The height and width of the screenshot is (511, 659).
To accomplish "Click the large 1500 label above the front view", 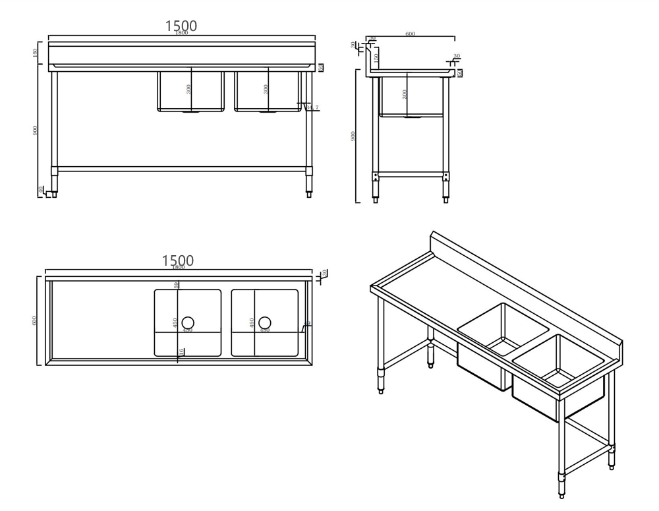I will [181, 26].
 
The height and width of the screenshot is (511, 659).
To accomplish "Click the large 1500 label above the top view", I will [178, 260].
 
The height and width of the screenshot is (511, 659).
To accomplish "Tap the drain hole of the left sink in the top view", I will [188, 322].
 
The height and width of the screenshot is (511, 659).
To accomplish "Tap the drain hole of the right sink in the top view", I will [264, 322].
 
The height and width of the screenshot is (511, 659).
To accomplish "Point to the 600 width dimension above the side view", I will [410, 34].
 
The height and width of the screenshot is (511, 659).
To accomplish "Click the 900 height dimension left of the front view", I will [35, 131].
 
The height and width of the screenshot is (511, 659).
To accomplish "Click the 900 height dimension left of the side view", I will [353, 136].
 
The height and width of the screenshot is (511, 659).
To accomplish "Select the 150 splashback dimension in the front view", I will [35, 53].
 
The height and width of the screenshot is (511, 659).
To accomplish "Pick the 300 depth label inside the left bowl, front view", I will [189, 89].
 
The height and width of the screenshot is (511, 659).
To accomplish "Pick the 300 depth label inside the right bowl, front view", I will [266, 89].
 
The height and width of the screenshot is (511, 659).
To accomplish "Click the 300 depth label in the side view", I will [405, 94].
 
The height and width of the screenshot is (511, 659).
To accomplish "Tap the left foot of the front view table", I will [55, 193].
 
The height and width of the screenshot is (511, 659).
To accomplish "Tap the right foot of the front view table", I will [308, 193].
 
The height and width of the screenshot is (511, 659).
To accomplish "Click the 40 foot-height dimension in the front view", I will [41, 189].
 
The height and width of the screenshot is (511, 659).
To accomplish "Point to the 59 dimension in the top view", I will [177, 286].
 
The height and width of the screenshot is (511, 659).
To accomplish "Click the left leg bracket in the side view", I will [376, 176].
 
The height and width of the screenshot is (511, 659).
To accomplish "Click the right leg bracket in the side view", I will [446, 176].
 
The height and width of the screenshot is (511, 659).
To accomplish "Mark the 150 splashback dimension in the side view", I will [376, 58].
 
